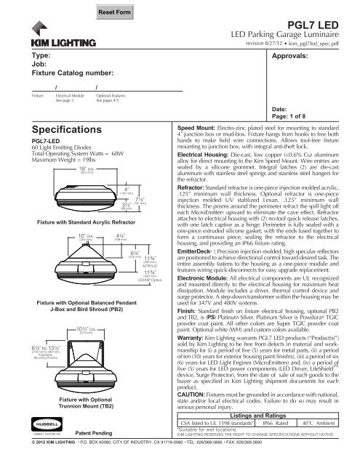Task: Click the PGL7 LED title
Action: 317,24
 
